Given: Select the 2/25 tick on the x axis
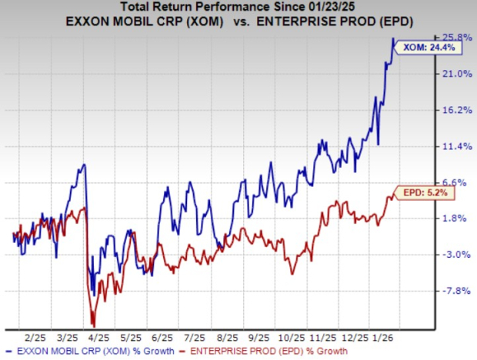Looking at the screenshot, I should [x=35, y=337].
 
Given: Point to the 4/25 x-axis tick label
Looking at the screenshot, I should [x=99, y=337].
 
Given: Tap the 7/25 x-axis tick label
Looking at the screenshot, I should [x=195, y=337].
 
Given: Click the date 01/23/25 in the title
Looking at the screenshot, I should [x=331, y=7].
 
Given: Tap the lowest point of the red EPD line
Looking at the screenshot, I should [x=93, y=326].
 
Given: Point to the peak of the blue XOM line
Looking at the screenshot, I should [x=393, y=38].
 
